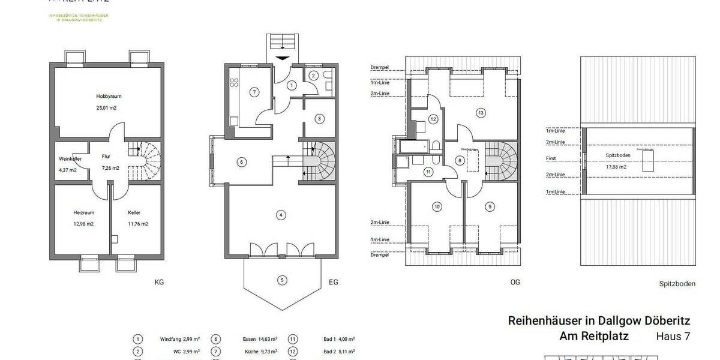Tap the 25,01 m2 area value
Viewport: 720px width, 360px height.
pos(106,108)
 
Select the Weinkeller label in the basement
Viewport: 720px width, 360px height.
pos(70,159)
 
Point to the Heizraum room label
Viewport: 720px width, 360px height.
pos(84,212)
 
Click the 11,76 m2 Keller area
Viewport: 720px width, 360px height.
pos(138,224)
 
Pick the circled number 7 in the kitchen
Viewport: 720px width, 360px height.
pos(254,92)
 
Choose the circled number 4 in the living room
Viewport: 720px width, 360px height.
pos(280,214)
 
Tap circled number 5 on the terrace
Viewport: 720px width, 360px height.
pos(282,280)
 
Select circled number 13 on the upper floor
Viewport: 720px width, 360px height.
pos(480,112)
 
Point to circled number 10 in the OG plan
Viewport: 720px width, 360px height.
pos(437,206)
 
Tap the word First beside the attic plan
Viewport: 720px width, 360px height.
pos(551,159)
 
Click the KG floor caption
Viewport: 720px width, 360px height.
pos(159,282)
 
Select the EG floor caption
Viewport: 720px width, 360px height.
pos(334,282)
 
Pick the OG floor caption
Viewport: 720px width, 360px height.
pos(515,282)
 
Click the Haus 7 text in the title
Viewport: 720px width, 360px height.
pos(673,337)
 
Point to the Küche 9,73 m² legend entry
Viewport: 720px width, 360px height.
pos(262,352)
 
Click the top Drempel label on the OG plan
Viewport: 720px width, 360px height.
pos(380,67)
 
